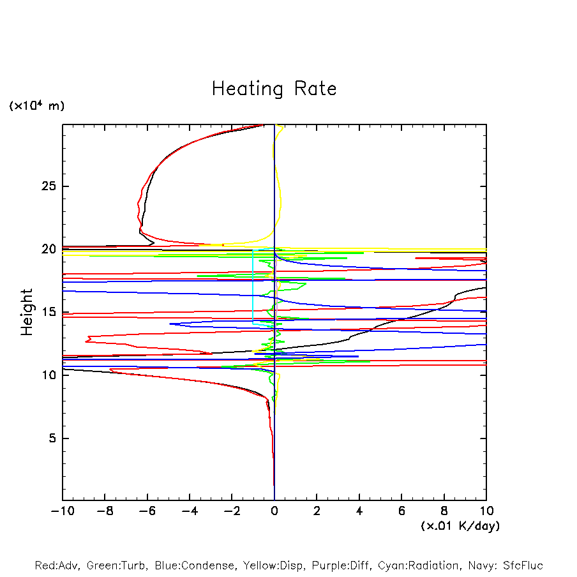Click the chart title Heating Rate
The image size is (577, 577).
click(274, 89)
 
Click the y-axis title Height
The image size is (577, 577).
click(27, 312)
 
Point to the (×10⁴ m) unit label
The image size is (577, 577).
click(36, 106)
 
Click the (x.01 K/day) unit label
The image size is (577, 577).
click(460, 526)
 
